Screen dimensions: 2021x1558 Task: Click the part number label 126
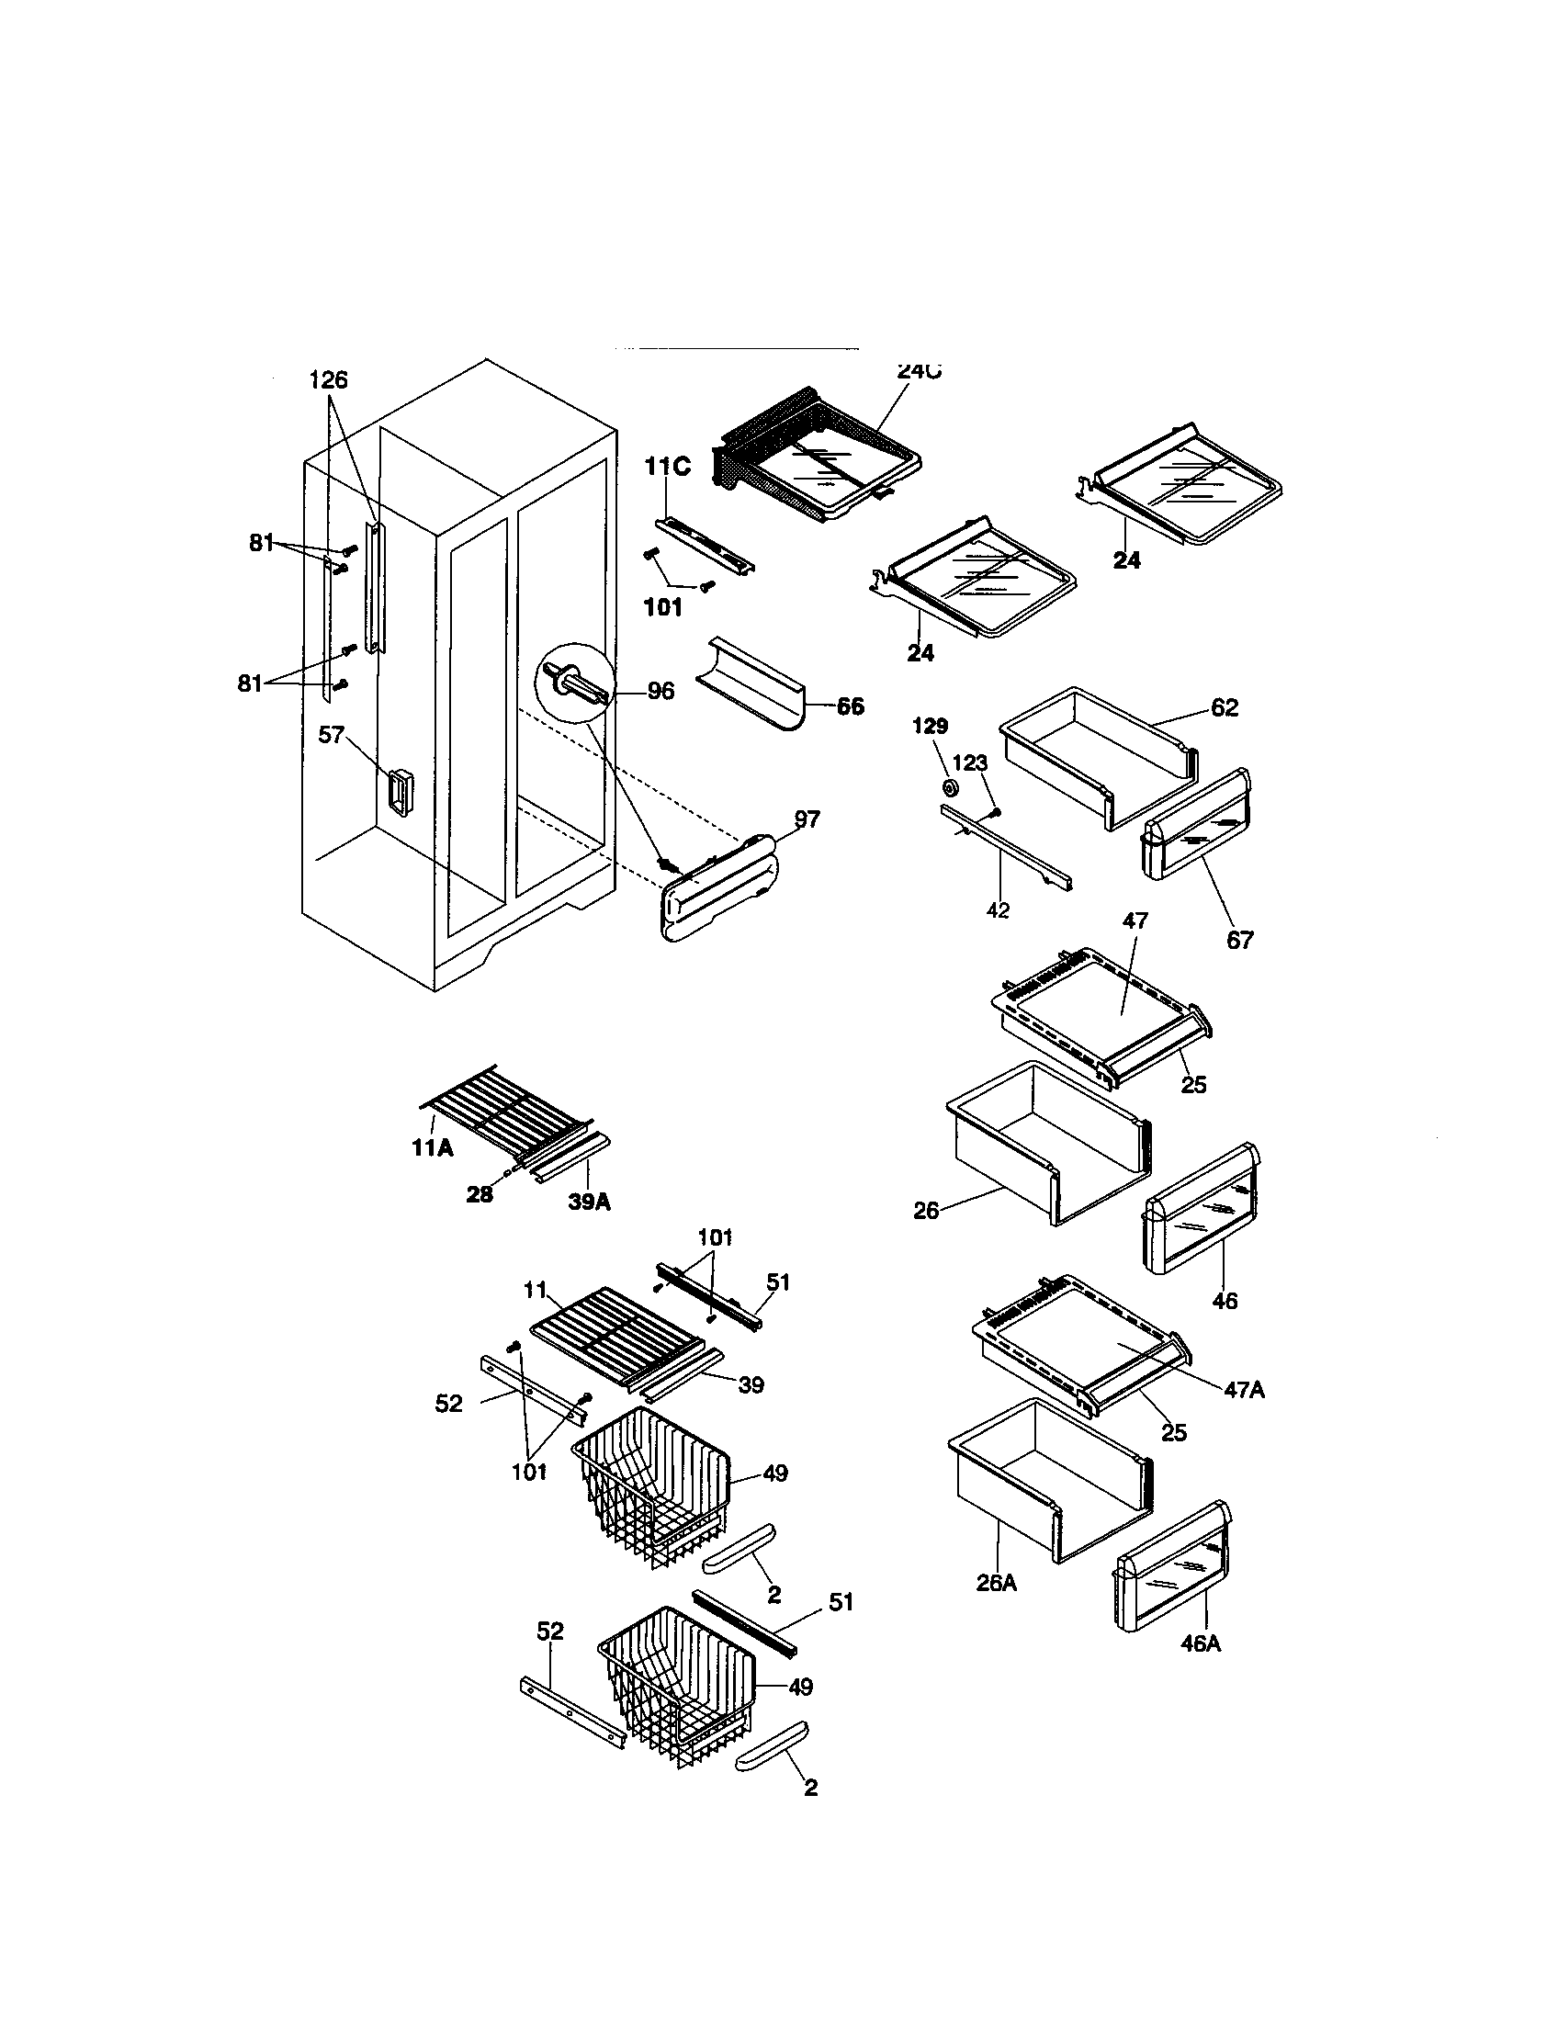pyautogui.click(x=328, y=380)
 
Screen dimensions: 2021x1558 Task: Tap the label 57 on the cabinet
pyautogui.click(x=332, y=735)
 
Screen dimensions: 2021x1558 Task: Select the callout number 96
pyautogui.click(x=660, y=690)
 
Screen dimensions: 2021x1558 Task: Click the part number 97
pyautogui.click(x=807, y=819)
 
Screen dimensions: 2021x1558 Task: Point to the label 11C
pyautogui.click(x=667, y=467)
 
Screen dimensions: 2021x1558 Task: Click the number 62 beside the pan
pyautogui.click(x=1224, y=708)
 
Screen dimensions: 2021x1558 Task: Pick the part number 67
pyautogui.click(x=1240, y=940)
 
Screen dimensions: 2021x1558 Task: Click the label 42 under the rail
pyautogui.click(x=998, y=910)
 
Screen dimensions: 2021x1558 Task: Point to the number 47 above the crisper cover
pyautogui.click(x=1135, y=920)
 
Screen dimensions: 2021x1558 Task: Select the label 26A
pyautogui.click(x=997, y=1583)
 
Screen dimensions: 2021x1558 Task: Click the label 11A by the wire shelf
pyautogui.click(x=432, y=1148)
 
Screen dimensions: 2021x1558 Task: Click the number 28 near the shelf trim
pyautogui.click(x=480, y=1194)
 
